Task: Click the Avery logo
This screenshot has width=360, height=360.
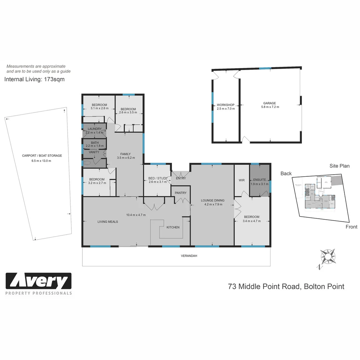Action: pyautogui.click(x=39, y=281)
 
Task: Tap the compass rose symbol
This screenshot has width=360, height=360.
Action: pyautogui.click(x=327, y=256)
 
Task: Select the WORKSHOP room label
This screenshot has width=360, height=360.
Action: pyautogui.click(x=226, y=105)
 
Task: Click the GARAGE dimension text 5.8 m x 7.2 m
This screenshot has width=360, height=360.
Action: pyautogui.click(x=270, y=107)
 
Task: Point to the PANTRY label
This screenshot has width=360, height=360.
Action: pyautogui.click(x=181, y=193)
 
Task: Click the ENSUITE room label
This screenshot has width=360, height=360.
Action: pyautogui.click(x=259, y=180)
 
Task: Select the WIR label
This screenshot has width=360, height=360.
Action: pyautogui.click(x=242, y=180)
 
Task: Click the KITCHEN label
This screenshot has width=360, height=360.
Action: pyautogui.click(x=173, y=227)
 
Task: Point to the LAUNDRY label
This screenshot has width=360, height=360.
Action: pyautogui.click(x=95, y=129)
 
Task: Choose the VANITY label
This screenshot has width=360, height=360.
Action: pyautogui.click(x=94, y=152)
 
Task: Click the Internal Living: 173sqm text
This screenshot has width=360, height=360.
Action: pyautogui.click(x=34, y=79)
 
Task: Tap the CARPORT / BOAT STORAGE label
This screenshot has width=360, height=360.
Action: pyautogui.click(x=42, y=156)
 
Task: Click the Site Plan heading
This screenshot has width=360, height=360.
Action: pyautogui.click(x=339, y=166)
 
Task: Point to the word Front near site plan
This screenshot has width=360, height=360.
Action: pyautogui.click(x=351, y=227)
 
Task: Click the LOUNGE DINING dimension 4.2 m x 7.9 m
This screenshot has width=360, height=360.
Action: pyautogui.click(x=212, y=204)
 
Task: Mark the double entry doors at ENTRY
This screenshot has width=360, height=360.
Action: pyautogui.click(x=180, y=174)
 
